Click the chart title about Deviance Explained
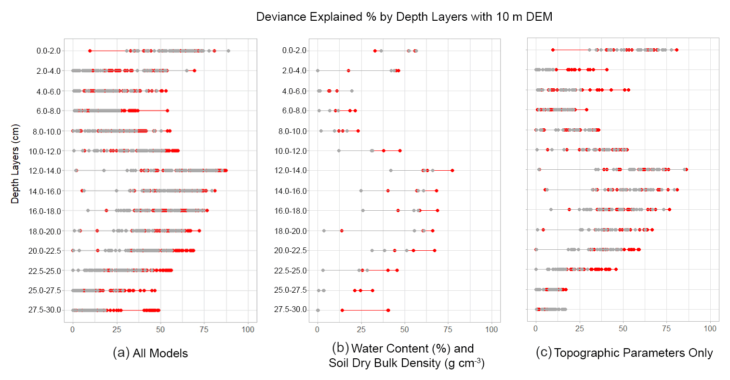coord(404,17)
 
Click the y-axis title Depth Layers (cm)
coord(15,164)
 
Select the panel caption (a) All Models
coord(150,353)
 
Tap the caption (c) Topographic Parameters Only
coord(624,353)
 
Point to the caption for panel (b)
coord(406,355)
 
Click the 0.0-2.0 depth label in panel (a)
coord(49,51)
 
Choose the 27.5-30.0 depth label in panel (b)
coord(291,310)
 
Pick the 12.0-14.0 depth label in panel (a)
coord(45,171)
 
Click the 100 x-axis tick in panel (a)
coord(248,329)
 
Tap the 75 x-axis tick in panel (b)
coord(448,329)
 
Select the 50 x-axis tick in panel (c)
coord(623,328)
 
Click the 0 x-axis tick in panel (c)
coord(536,328)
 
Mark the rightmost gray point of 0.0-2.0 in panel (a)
coord(228,51)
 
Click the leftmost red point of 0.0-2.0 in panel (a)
coord(90,51)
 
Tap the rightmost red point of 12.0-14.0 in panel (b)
coord(452,170)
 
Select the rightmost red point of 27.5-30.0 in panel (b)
coord(388,310)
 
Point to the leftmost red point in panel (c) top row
coord(553,50)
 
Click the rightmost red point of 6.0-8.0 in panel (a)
coord(167,111)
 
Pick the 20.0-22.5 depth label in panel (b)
coord(291,251)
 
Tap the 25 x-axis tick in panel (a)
coord(117,329)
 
